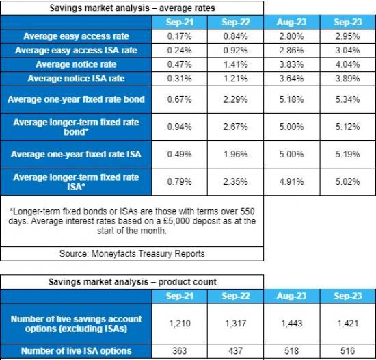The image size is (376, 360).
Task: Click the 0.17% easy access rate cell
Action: coord(179,36)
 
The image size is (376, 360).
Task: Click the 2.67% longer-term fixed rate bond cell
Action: coord(234,127)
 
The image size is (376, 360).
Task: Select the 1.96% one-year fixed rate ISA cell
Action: coord(234,154)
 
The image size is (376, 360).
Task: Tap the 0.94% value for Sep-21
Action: coord(179,127)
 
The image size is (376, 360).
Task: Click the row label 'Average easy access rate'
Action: coord(76,36)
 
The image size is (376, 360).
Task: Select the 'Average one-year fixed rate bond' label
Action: coord(76,100)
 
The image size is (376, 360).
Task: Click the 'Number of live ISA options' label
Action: coord(76,350)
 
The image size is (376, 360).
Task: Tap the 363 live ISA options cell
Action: coord(179,350)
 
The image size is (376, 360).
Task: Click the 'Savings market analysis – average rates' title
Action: coord(131,8)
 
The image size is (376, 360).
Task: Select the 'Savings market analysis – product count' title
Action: coord(131,281)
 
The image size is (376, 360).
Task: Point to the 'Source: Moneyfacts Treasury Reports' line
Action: coord(131,253)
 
